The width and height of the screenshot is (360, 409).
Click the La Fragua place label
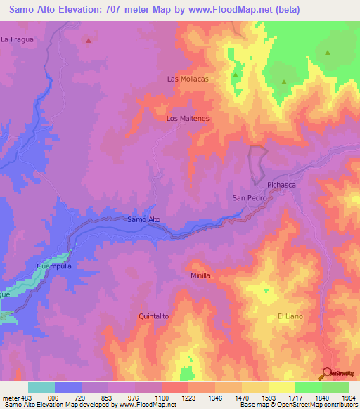(x=18, y=39)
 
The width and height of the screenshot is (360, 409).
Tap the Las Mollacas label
(x=188, y=79)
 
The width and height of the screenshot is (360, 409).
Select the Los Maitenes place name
(x=188, y=119)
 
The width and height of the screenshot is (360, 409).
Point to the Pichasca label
(x=283, y=185)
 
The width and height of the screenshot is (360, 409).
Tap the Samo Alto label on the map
(x=144, y=219)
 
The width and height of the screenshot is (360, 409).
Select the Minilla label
(x=200, y=275)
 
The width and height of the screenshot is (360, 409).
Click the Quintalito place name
(x=154, y=317)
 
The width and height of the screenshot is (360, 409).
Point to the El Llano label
(x=290, y=316)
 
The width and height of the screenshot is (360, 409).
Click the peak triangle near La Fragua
(x=89, y=41)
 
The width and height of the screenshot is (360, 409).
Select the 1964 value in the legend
(x=340, y=398)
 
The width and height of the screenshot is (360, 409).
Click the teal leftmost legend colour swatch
(x=41, y=387)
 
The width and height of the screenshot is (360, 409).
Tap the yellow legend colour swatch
(x=281, y=387)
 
